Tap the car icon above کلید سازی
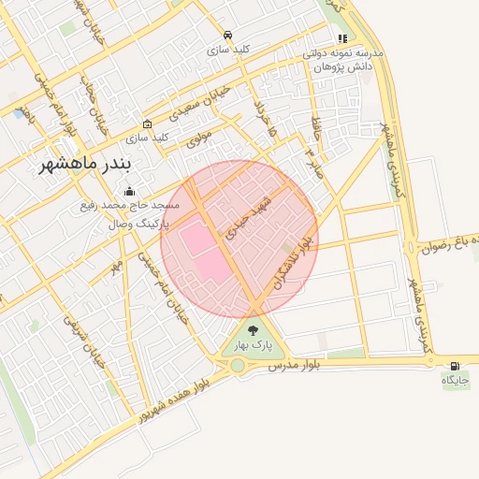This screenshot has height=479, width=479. [x=227, y=34]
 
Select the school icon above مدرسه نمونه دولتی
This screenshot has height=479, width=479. [x=343, y=39]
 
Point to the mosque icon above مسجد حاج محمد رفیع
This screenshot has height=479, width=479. [x=129, y=192]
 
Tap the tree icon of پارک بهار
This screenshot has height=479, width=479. [x=253, y=329]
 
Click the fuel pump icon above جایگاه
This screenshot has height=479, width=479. [x=455, y=366]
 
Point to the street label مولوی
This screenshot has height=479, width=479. [x=199, y=140]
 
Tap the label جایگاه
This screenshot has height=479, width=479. [x=455, y=382]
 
